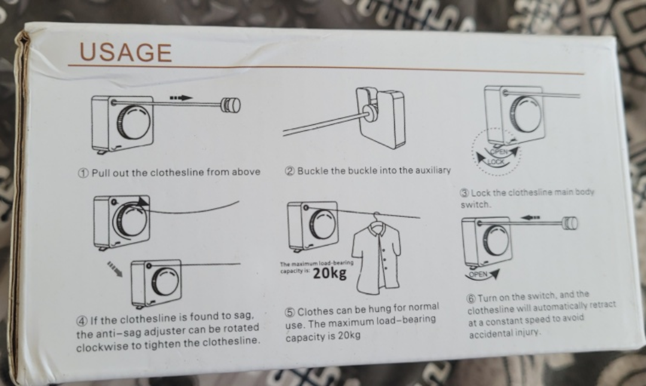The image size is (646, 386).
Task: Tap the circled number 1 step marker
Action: coord(84,173)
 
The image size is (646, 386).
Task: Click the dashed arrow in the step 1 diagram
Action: coord(180,97)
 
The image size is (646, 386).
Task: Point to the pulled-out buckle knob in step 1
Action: coord(231,105)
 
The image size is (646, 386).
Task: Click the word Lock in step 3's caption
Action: coord(480,193)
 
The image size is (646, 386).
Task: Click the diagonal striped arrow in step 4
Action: coord(115,269)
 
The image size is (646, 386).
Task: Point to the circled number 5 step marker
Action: coord(291,312)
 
